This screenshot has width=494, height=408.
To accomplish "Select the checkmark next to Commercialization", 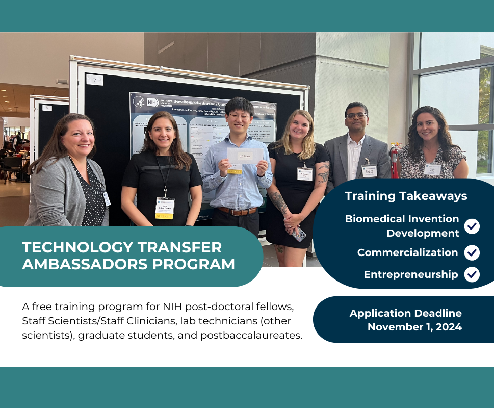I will (x=472, y=252).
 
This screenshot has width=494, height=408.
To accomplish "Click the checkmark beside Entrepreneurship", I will (x=472, y=274).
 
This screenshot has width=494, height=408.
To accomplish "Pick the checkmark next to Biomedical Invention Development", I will (x=472, y=226).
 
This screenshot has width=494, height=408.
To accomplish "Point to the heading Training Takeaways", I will (x=406, y=196).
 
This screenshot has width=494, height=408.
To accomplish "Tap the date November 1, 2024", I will (x=414, y=327).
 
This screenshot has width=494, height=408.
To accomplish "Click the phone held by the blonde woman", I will (x=299, y=234).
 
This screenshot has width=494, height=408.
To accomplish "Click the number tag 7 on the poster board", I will (x=94, y=80).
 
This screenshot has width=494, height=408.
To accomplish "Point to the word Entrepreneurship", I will (x=411, y=274).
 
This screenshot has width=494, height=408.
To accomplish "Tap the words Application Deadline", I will (x=405, y=313).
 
